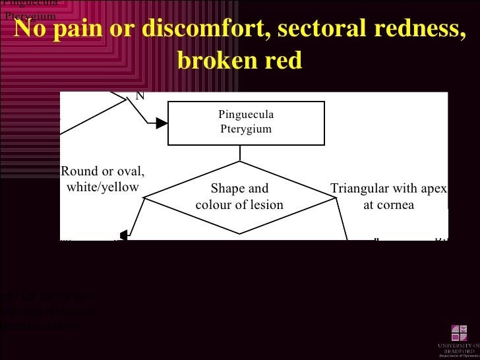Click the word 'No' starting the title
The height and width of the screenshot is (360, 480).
point(30,28)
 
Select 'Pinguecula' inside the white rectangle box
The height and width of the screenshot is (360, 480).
point(246,115)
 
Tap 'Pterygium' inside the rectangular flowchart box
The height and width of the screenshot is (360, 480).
point(246,129)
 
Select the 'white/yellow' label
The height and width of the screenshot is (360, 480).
point(103,187)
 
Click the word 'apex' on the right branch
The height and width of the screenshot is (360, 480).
point(435,189)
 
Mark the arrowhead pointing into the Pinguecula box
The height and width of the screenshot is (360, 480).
point(162,123)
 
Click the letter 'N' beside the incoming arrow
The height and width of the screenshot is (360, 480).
point(139,96)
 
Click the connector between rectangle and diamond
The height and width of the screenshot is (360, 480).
point(240,153)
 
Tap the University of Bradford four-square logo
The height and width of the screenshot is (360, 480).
point(460,333)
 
